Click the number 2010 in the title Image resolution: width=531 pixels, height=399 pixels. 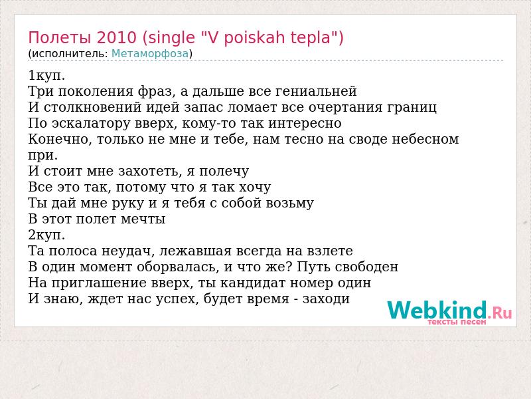116,37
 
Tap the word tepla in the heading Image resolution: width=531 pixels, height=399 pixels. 310,39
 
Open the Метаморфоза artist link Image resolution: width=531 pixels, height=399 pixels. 150,54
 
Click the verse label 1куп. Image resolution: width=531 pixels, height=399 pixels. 46,76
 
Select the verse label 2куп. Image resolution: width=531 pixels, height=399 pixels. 46,235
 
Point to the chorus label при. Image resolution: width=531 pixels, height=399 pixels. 43,156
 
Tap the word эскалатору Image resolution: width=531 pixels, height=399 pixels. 91,124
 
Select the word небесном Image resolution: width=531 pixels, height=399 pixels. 425,139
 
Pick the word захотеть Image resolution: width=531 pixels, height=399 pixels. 148,172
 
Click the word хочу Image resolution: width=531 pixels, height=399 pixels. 255,188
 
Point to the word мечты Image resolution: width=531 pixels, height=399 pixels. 143,219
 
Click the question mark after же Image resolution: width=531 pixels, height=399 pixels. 289,267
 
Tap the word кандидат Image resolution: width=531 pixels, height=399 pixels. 253,283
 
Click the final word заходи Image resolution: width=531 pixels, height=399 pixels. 326,299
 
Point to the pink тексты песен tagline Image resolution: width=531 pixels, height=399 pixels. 457,322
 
